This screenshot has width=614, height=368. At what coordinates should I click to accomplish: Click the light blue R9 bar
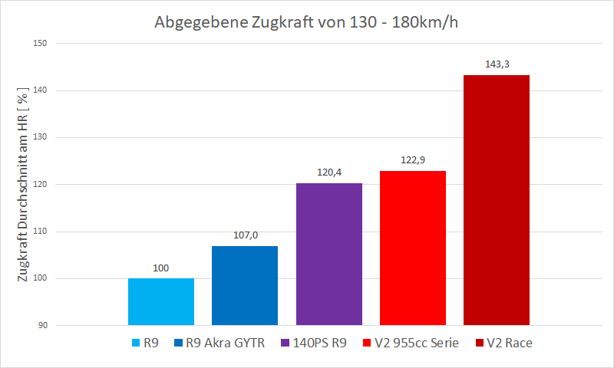tap(160, 302)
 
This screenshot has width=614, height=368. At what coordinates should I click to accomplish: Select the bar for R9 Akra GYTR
tap(245, 286)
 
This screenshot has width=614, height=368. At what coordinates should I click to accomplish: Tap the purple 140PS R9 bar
tap(328, 255)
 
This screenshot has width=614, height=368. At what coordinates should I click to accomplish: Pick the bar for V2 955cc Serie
tap(412, 248)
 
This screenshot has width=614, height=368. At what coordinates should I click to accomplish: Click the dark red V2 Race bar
tap(497, 200)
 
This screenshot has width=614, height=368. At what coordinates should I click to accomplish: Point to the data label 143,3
tap(497, 64)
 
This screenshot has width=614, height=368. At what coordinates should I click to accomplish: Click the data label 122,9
tap(412, 160)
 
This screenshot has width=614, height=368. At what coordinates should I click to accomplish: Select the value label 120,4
tap(328, 172)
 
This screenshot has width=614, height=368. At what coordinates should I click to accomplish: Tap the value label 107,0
tap(245, 235)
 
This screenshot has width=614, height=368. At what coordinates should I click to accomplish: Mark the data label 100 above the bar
tap(160, 268)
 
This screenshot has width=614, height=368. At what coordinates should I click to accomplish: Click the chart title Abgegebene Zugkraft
tap(307, 21)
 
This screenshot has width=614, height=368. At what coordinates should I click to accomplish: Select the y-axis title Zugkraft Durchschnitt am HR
tap(23, 184)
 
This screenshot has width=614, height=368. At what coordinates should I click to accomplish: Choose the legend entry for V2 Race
tap(504, 343)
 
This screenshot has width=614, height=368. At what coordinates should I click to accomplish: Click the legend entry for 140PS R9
tap(314, 343)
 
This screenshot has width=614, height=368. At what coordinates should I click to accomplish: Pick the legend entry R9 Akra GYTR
tap(220, 343)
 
